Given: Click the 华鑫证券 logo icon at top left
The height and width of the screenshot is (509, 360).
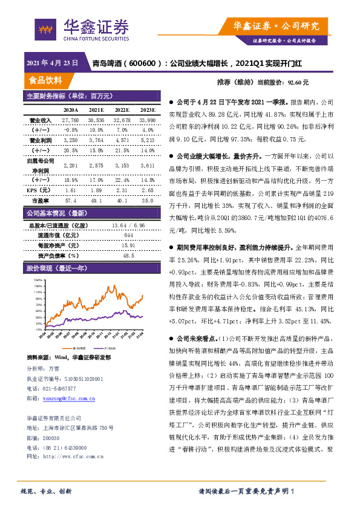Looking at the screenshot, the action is (45, 28).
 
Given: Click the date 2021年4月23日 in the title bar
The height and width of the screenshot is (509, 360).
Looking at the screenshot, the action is (53, 63).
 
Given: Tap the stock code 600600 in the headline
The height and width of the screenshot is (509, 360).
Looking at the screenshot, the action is (146, 63).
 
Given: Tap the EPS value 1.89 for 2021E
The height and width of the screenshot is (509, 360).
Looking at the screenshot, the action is (96, 189).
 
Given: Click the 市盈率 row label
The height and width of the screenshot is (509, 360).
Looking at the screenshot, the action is (40, 199).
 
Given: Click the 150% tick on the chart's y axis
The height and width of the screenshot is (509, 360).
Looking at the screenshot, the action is (38, 280).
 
